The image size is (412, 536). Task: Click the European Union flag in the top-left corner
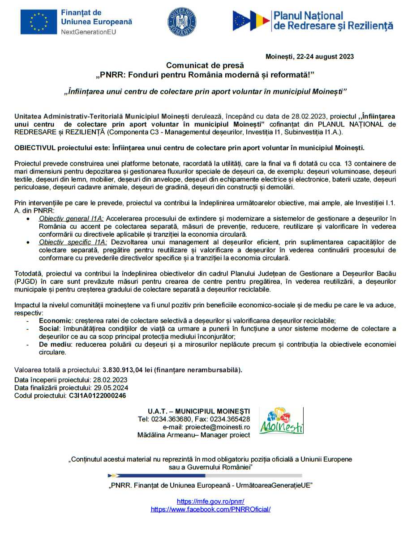[39, 22]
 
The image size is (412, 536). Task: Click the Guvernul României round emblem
[182, 21]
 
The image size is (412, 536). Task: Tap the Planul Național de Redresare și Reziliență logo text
[333, 21]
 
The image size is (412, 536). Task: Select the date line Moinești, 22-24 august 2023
[309, 56]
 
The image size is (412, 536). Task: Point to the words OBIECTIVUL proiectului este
[58, 148]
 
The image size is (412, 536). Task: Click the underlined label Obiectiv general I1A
[71, 218]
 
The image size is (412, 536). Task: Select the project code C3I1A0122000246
[97, 396]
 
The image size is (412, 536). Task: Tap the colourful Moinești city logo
[281, 421]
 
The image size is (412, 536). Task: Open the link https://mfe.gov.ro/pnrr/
[210, 501]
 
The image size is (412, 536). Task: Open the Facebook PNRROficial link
[210, 509]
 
